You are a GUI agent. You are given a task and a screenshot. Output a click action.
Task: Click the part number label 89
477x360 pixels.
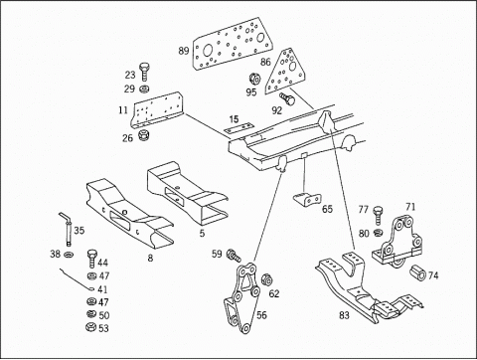[x=184, y=51]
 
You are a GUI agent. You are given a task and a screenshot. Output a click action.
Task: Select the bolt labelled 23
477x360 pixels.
[x=144, y=71]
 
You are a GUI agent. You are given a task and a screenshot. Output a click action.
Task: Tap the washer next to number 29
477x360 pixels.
[x=144, y=89]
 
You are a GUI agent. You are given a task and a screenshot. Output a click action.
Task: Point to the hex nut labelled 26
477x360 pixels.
[x=144, y=135]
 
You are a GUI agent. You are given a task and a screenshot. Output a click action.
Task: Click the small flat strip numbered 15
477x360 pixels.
[x=238, y=128]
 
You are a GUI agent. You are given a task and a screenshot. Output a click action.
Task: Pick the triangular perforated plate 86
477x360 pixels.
[x=287, y=71]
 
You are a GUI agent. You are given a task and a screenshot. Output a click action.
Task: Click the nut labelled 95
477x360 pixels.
[x=254, y=80]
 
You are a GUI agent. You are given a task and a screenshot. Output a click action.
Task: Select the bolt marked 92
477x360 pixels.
[x=287, y=99]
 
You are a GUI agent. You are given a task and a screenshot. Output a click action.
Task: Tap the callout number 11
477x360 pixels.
[x=123, y=109]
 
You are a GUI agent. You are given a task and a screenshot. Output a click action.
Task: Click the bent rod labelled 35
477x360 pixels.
[x=68, y=229]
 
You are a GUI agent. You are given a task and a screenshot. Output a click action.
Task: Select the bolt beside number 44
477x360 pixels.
[x=92, y=259]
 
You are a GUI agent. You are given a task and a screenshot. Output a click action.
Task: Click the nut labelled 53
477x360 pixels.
[x=90, y=327]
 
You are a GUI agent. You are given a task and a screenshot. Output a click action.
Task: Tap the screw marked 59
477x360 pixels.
[x=234, y=256]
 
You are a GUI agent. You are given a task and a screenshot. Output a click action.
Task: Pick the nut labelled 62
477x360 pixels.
[x=266, y=280]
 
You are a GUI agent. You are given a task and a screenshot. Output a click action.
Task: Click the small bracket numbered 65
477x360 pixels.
[x=307, y=198]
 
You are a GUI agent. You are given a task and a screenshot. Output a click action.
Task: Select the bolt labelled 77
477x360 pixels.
[x=378, y=216]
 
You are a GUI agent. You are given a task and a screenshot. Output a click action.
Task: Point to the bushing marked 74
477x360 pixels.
[x=418, y=272]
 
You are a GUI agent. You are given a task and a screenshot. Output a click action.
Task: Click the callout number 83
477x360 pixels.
[x=344, y=315]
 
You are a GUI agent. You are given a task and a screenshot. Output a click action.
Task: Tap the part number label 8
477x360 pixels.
[x=150, y=258]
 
